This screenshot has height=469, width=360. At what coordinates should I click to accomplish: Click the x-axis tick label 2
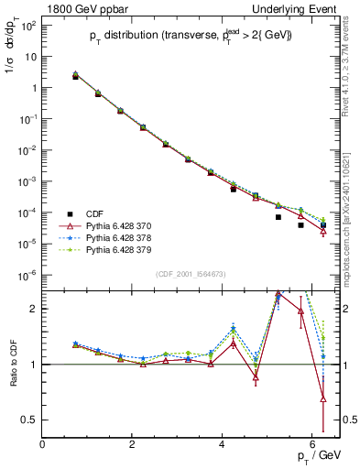click(133, 444)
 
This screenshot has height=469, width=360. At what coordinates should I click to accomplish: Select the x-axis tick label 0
click(43, 444)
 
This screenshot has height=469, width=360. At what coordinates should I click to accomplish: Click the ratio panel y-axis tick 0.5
click(30, 420)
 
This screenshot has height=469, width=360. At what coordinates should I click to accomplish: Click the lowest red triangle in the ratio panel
click(323, 398)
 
